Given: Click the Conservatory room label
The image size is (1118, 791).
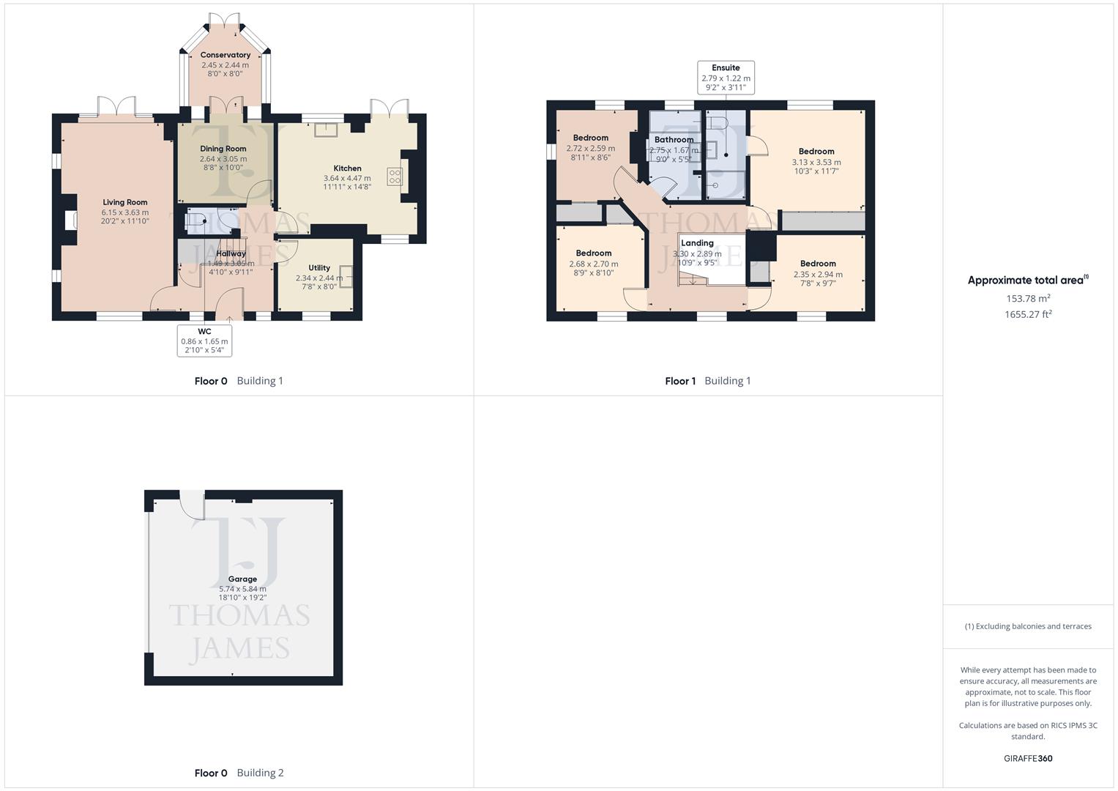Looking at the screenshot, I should (x=226, y=55).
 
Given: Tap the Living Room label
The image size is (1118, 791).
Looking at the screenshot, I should (x=125, y=202).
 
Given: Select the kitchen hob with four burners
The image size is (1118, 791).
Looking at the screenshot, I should (x=395, y=176).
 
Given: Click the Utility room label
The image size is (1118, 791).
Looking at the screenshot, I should (x=318, y=268).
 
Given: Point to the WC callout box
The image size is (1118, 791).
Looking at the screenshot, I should (x=204, y=341).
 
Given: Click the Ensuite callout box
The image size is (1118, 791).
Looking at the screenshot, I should (x=726, y=78).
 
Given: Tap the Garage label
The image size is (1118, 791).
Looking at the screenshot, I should (x=242, y=579).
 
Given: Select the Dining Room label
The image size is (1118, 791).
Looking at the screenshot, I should (x=223, y=149).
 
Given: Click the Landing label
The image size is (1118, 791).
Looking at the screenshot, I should (x=697, y=243).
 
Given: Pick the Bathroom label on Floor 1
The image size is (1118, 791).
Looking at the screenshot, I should (x=674, y=140).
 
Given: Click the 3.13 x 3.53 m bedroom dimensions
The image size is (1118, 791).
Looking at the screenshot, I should (x=816, y=163).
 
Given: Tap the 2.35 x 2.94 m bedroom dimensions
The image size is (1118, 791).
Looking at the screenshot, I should (x=818, y=275).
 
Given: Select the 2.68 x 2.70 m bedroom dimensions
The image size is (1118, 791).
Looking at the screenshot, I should (x=593, y=264).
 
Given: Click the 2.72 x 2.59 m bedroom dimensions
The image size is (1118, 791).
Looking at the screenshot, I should (x=590, y=149).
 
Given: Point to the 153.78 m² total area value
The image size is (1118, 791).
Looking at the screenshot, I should (x=1028, y=299).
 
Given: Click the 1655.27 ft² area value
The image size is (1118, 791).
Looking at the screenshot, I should (x=1028, y=314).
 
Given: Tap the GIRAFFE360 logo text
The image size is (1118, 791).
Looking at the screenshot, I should (x=1028, y=759).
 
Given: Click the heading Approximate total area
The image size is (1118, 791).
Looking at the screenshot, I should (x=1026, y=281).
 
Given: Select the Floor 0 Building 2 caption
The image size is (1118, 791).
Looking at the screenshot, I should (x=239, y=773).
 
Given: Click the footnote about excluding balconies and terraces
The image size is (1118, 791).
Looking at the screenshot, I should (x=1028, y=626).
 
